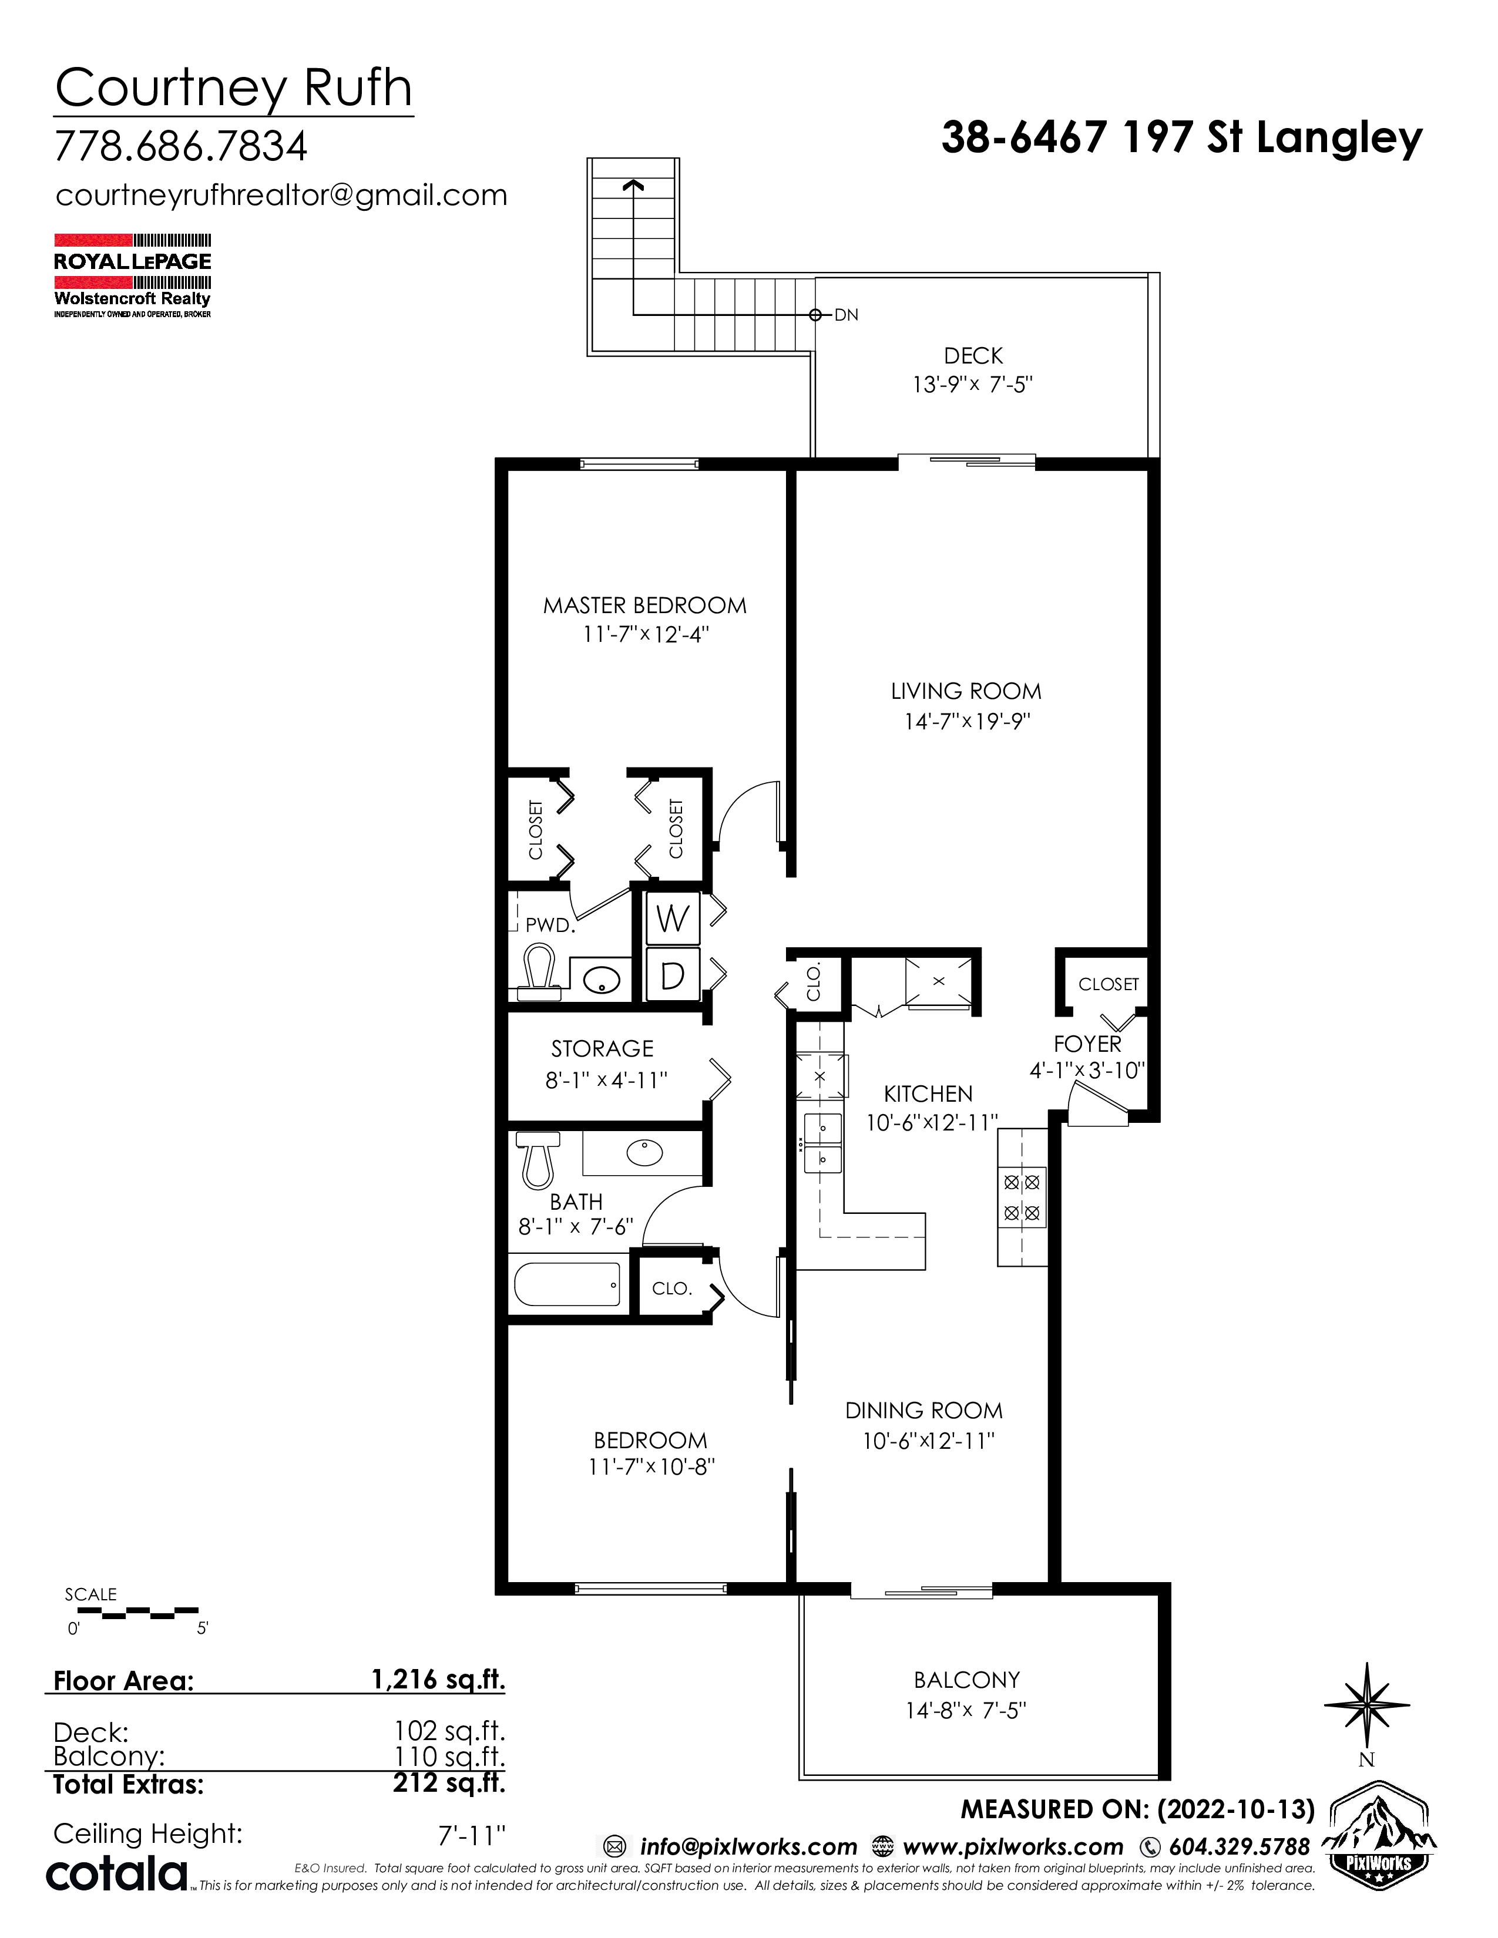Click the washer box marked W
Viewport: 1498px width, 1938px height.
(x=673, y=919)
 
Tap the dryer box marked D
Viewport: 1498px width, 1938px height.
(x=673, y=975)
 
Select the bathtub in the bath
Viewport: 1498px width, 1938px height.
(x=567, y=1284)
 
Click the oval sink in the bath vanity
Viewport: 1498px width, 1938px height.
(x=644, y=1153)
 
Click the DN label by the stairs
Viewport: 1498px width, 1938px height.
(x=846, y=315)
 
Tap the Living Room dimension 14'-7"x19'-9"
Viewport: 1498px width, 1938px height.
(x=966, y=721)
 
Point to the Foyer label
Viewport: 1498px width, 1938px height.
(x=1087, y=1044)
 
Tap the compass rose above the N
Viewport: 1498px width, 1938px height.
(x=1366, y=1702)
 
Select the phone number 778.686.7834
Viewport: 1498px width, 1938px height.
(x=181, y=146)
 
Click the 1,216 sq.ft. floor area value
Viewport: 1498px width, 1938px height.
(x=438, y=1679)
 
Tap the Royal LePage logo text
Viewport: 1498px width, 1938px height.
(x=132, y=261)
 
